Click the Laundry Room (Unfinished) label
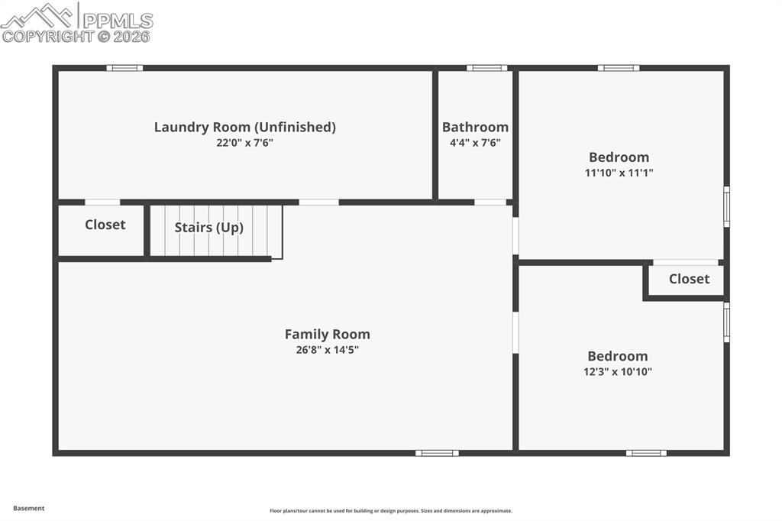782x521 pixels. [244, 127]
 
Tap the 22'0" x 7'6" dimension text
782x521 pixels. [244, 142]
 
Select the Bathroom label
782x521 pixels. [475, 127]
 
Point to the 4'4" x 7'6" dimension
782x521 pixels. [475, 142]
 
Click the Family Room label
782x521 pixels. [327, 334]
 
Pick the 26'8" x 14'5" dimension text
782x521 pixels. [327, 350]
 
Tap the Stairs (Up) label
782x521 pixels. [208, 227]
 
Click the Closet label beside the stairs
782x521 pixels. [105, 225]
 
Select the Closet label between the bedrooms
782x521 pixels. [689, 279]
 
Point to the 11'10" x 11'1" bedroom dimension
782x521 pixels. [619, 173]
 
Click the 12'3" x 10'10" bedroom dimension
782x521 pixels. [619, 372]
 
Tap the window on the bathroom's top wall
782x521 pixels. [486, 68]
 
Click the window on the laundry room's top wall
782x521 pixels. [124, 68]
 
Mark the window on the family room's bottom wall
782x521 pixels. [437, 453]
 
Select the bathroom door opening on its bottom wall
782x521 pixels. [490, 202]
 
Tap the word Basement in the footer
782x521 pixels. [29, 508]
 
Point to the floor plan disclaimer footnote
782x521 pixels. [390, 511]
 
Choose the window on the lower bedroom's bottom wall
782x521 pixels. [646, 453]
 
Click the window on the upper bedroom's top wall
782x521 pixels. [619, 68]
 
